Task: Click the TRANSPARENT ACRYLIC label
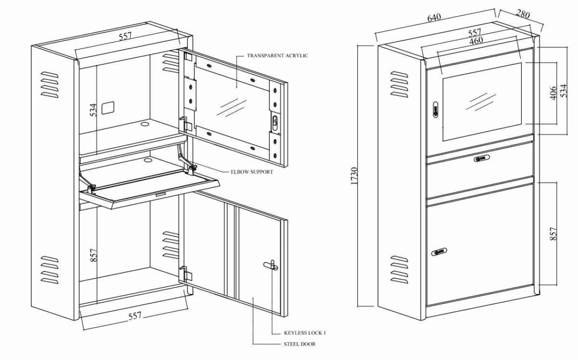coord(277,56)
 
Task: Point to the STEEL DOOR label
coord(299,344)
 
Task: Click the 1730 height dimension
coord(355,177)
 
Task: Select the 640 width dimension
coord(433,18)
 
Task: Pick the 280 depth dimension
coord(523,14)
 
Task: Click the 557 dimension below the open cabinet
coord(135,316)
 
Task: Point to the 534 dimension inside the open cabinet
coord(93,110)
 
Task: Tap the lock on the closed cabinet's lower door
coord(440,251)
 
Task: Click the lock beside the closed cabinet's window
coord(435,110)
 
